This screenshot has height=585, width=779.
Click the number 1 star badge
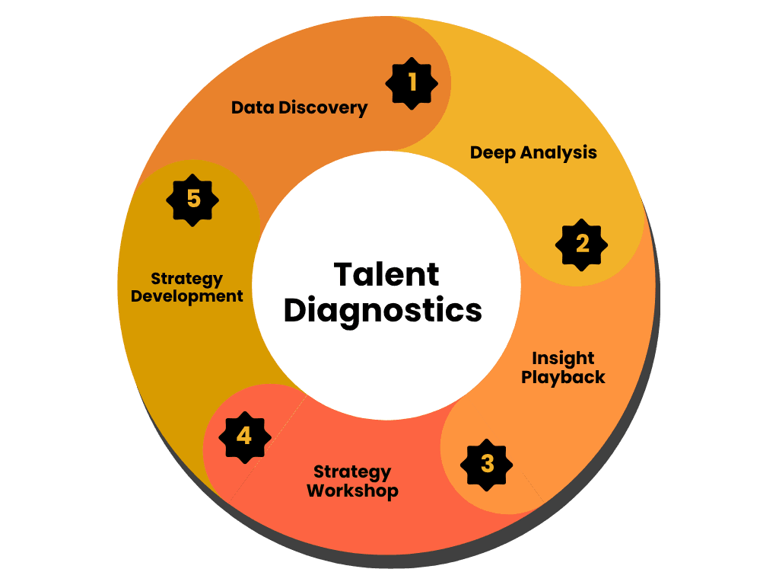coord(412,82)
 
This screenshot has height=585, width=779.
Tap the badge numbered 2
coord(582,245)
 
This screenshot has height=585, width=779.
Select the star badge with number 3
coord(487,463)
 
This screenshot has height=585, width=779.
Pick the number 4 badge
coord(244,436)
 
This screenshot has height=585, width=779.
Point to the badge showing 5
coord(193,200)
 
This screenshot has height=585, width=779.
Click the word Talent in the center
coord(386,274)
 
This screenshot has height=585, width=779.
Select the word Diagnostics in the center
coord(383,312)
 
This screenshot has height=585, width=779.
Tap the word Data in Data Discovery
coord(253,107)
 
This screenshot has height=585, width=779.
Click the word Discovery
coord(323,107)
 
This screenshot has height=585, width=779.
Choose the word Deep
coord(494,152)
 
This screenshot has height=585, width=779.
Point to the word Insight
coord(563,358)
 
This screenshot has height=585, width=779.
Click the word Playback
coord(563,377)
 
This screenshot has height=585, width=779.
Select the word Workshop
coord(352,491)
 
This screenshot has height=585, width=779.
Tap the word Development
coord(187,296)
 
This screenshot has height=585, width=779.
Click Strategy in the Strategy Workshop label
coord(352,472)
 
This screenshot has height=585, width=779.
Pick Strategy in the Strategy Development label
coord(187,277)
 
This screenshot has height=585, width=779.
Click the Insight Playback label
coord(563,367)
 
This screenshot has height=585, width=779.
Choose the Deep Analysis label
coord(533,152)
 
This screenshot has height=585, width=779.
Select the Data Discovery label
coord(299,107)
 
